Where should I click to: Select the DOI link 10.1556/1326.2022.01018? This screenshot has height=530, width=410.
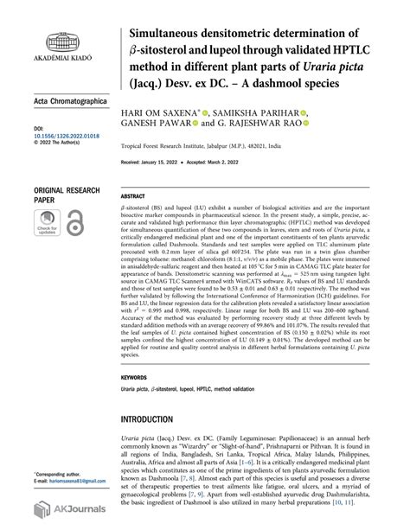coord(54,136)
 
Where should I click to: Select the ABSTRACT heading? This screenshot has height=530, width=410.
coord(131,196)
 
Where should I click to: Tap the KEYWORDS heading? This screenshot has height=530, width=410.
coord(133,378)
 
